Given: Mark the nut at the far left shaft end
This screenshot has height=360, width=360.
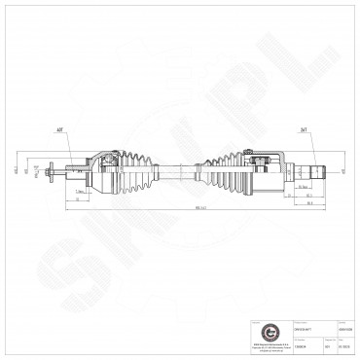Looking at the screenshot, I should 49,173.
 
